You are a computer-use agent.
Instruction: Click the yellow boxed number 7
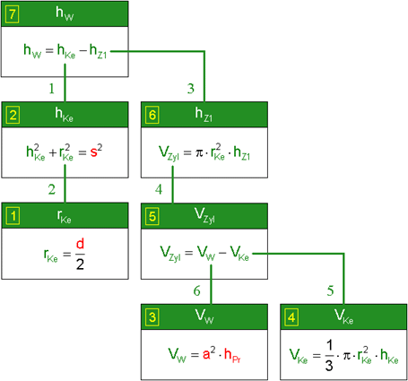point(12,14)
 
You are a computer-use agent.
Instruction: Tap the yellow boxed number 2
point(13,115)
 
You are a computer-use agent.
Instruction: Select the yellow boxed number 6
point(152,115)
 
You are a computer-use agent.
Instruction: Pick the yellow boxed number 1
point(13,216)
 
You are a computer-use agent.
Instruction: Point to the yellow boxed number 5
point(152,216)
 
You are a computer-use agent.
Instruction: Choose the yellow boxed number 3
point(152,317)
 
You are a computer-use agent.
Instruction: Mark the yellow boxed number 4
point(291,317)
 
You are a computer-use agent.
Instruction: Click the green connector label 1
point(52,89)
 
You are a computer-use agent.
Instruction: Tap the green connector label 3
point(191,89)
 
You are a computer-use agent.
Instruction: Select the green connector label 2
point(52,189)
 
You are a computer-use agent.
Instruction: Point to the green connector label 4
point(159,189)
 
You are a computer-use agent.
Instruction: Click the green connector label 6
point(196,290)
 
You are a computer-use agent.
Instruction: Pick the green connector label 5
point(330,290)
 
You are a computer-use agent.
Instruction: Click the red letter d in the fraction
point(80,244)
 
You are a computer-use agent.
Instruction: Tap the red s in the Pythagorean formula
point(94,152)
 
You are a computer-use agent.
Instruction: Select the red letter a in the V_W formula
point(206,355)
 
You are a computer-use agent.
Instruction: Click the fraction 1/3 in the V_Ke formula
point(329,356)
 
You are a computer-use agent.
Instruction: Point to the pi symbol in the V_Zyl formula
point(199,153)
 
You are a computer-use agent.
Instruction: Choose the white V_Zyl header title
point(204,216)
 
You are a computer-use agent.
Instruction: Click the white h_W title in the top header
point(65,13)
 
